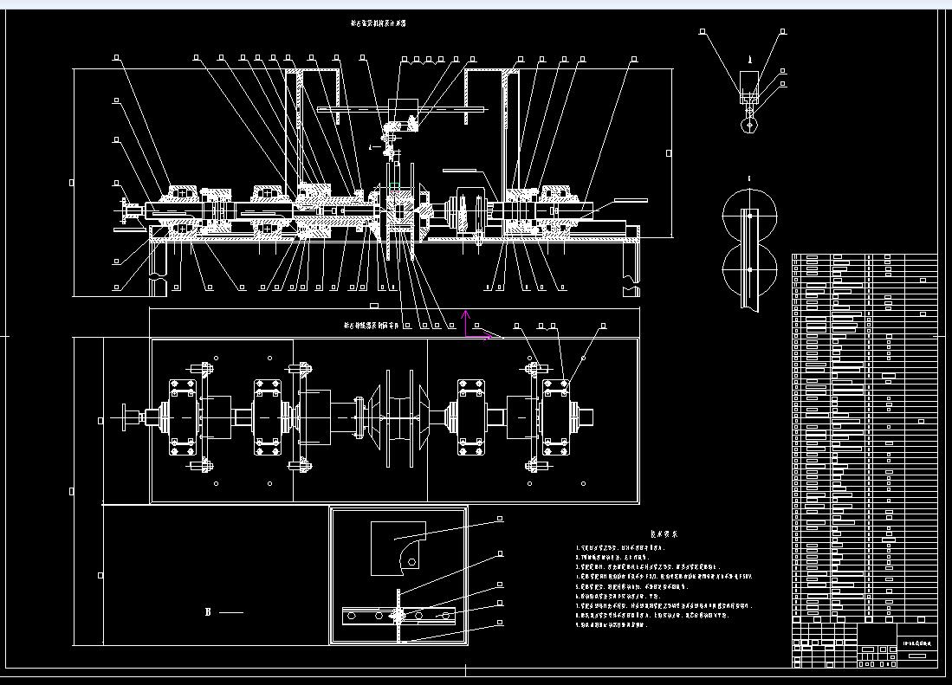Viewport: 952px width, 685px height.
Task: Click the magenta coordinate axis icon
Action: tap(472, 328)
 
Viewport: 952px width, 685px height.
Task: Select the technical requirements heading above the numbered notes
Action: tap(664, 534)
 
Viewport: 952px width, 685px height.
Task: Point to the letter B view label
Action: tap(208, 612)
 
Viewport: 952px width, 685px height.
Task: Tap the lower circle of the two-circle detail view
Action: tap(750, 269)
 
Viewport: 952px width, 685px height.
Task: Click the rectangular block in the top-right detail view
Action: tap(749, 83)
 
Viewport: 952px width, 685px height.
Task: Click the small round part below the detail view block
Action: tap(749, 124)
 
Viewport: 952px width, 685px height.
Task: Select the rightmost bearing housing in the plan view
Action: tap(557, 417)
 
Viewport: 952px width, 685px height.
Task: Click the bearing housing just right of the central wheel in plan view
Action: tap(470, 417)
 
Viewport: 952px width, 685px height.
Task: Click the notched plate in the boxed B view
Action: tap(398, 548)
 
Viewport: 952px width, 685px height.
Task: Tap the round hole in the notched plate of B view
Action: tap(411, 562)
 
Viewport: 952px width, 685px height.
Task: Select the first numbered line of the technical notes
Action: tap(624, 548)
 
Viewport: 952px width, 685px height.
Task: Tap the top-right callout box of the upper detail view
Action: tap(783, 32)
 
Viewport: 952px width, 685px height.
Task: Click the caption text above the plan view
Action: tap(375, 326)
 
